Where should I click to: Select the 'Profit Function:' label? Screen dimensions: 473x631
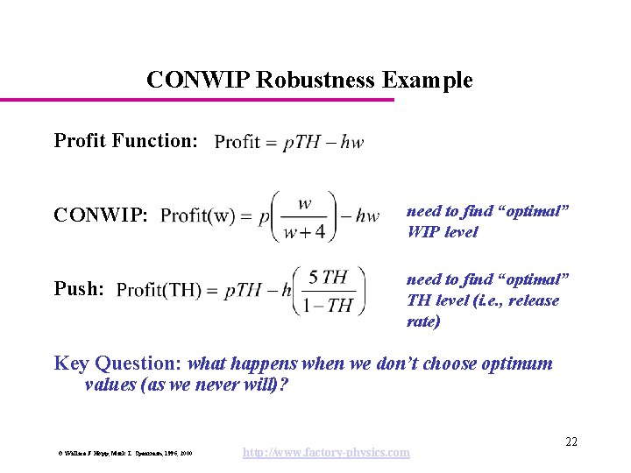click(x=125, y=140)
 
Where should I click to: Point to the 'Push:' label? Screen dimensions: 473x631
click(x=79, y=288)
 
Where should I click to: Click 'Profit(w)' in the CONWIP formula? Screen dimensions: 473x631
click(x=198, y=215)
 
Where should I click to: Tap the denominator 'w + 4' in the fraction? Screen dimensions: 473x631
click(x=304, y=231)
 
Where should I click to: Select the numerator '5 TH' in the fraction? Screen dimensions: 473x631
click(x=328, y=278)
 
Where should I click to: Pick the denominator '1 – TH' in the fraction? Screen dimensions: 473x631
click(x=328, y=306)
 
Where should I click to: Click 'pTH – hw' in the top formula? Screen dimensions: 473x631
click(x=323, y=142)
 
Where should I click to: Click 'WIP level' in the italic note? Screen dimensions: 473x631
click(x=442, y=232)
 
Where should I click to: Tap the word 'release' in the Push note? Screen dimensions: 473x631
click(x=534, y=300)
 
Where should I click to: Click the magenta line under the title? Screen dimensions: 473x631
click(x=197, y=99)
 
